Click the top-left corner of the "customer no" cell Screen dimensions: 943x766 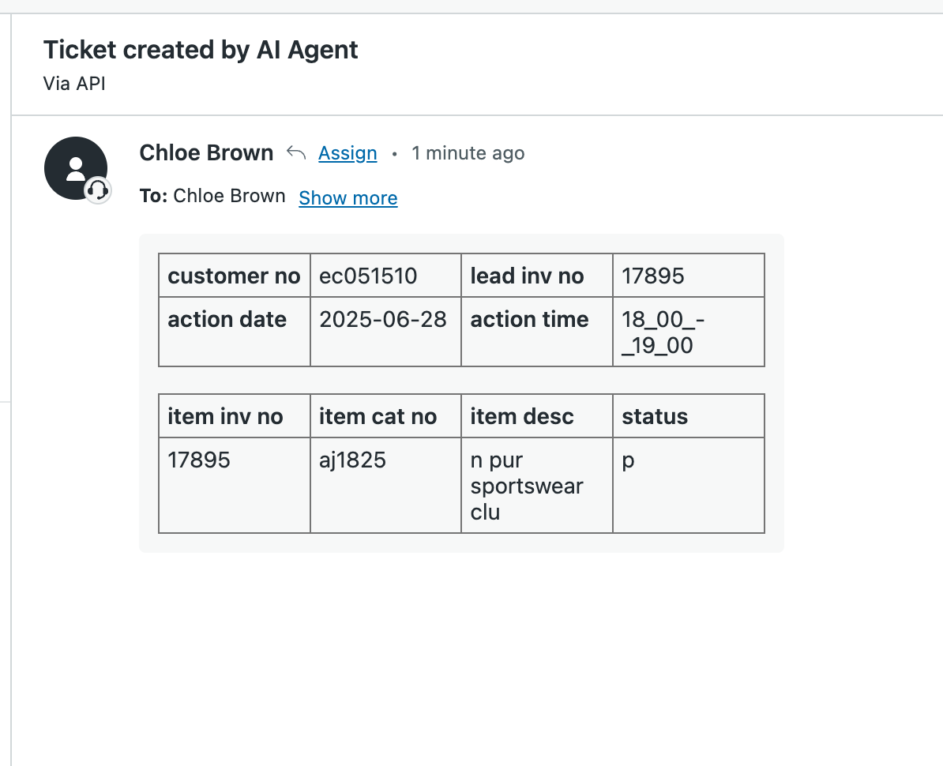click(x=159, y=253)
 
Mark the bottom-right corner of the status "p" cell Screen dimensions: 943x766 click(x=765, y=533)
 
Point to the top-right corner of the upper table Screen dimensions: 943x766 click(x=765, y=253)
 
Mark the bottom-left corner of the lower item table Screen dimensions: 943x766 click(x=159, y=533)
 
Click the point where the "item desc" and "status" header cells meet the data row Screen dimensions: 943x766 click(x=613, y=437)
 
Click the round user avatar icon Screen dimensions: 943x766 click(x=76, y=168)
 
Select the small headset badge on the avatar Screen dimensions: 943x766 click(x=97, y=190)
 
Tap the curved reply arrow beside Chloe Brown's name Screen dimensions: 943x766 click(x=296, y=152)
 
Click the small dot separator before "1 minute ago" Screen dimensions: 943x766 click(x=395, y=154)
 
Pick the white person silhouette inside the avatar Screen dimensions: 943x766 click(x=76, y=168)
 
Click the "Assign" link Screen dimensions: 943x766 click(x=348, y=153)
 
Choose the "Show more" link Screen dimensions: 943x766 click(x=348, y=197)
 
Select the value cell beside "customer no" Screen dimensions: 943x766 click(x=385, y=276)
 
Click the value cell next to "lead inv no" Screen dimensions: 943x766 click(x=689, y=276)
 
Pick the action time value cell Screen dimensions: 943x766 click(x=689, y=332)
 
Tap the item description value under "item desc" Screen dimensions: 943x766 click(x=526, y=486)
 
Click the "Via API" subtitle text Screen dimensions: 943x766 click(x=74, y=84)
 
